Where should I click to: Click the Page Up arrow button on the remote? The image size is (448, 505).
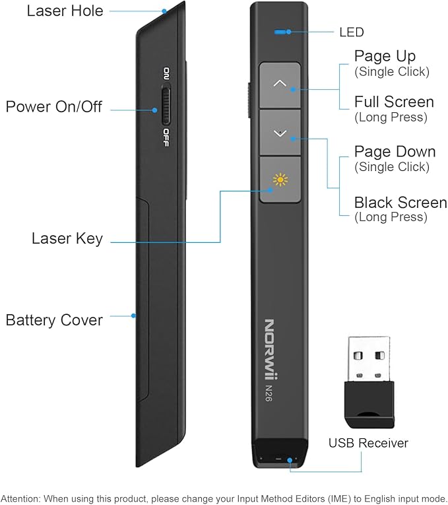point(280,84)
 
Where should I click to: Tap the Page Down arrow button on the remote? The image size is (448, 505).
point(280,133)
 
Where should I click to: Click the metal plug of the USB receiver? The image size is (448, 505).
point(368,358)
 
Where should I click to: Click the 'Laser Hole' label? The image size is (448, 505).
point(65,11)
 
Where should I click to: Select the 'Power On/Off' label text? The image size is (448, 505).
point(54,106)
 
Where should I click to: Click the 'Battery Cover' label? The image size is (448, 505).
point(54,320)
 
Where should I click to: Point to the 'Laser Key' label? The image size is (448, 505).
point(67,238)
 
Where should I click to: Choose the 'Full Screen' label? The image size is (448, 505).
point(394,102)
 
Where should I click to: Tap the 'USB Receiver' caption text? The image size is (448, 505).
point(368,443)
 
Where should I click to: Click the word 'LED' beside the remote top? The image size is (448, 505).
point(351,32)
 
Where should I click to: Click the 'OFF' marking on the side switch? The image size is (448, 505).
point(166,137)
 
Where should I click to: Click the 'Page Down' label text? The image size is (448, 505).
point(395,152)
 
